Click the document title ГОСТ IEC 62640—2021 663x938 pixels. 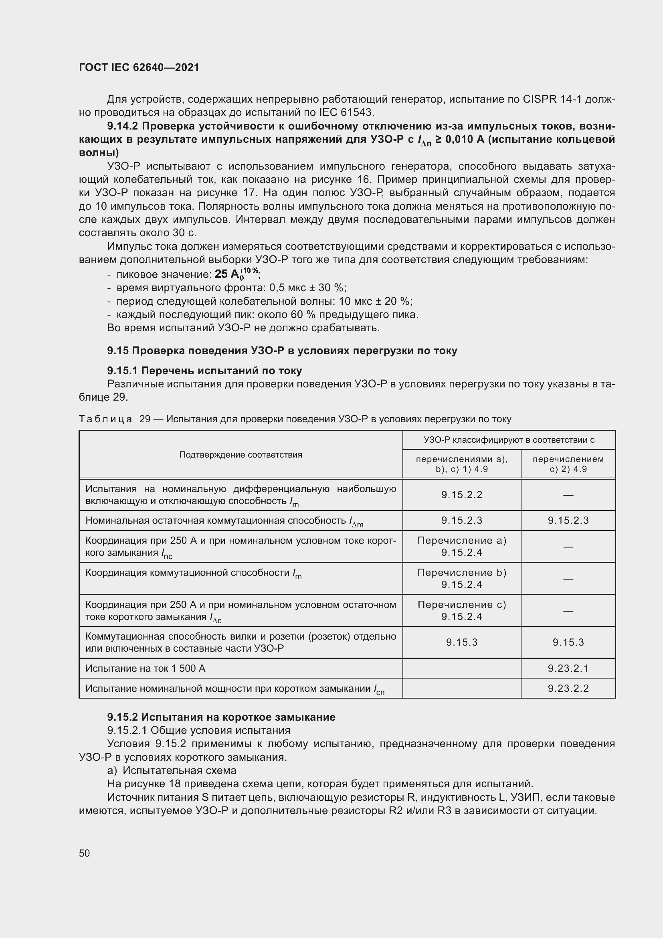(139, 67)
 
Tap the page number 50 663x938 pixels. (85, 853)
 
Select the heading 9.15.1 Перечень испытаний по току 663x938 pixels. (204, 371)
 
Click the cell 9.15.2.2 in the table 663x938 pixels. (461, 495)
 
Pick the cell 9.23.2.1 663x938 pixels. (568, 669)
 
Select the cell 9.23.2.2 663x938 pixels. (568, 689)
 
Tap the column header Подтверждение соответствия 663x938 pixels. (241, 455)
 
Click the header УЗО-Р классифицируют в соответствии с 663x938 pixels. (509, 440)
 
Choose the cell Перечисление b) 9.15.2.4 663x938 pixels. (461, 579)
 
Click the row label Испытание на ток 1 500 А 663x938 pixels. (146, 669)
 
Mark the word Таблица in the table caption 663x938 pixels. (105, 419)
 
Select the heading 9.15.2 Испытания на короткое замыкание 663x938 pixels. (221, 717)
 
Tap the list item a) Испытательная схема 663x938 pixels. (172, 770)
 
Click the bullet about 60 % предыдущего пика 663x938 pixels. (267, 314)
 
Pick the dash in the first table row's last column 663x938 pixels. (568, 495)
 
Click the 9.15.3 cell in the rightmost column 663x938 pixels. (568, 642)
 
